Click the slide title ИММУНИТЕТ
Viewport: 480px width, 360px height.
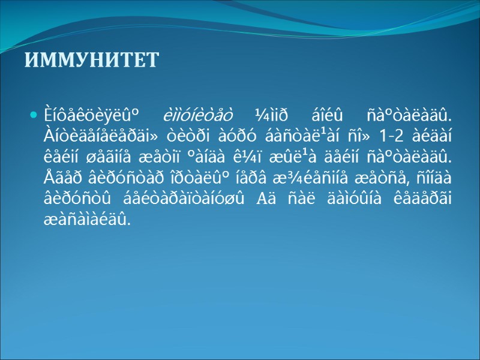92,61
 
